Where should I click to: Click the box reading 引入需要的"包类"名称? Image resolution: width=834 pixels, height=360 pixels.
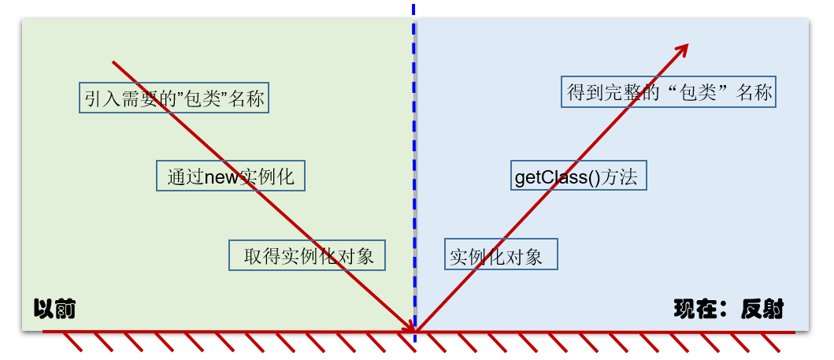coord(173,98)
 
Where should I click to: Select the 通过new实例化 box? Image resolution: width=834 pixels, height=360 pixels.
coord(230,176)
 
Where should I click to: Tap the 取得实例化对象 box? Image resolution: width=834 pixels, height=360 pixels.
coord(307,255)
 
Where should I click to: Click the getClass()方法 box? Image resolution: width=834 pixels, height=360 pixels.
coord(578,175)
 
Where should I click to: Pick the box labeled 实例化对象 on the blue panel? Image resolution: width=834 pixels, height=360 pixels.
coord(501,255)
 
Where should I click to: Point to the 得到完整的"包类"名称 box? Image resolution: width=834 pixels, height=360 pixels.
coord(669,92)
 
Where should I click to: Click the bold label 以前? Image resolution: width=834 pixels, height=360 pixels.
coord(54,309)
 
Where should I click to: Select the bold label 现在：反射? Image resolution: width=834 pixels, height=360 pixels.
coord(728,309)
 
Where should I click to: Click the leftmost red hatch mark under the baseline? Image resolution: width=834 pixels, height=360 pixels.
coord(72,342)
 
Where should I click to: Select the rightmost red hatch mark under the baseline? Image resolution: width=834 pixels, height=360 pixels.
coord(770,342)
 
